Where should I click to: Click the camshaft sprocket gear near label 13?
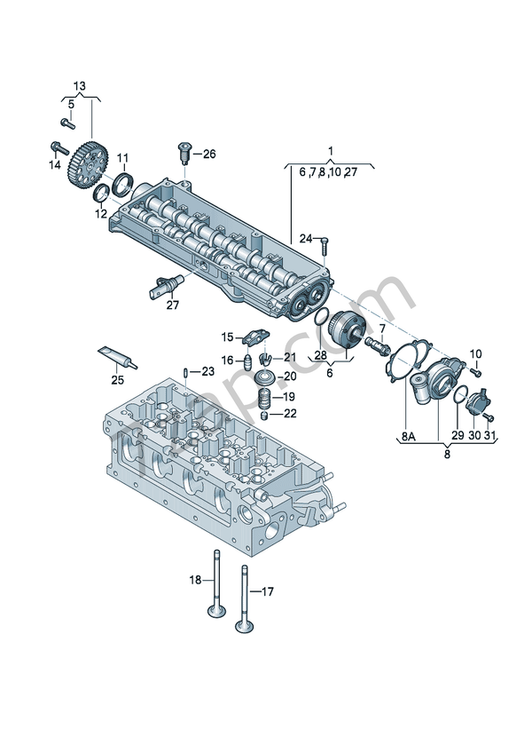(88, 167)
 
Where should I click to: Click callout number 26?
(208, 154)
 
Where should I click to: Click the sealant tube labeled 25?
(116, 357)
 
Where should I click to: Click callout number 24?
(305, 238)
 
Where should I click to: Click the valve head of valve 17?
(243, 626)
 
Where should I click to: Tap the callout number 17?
(268, 591)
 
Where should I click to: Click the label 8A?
(408, 436)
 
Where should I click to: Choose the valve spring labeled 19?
(263, 396)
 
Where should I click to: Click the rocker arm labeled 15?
(254, 337)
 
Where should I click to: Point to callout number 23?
(207, 371)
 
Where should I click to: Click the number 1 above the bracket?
(330, 150)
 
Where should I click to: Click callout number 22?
(290, 415)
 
